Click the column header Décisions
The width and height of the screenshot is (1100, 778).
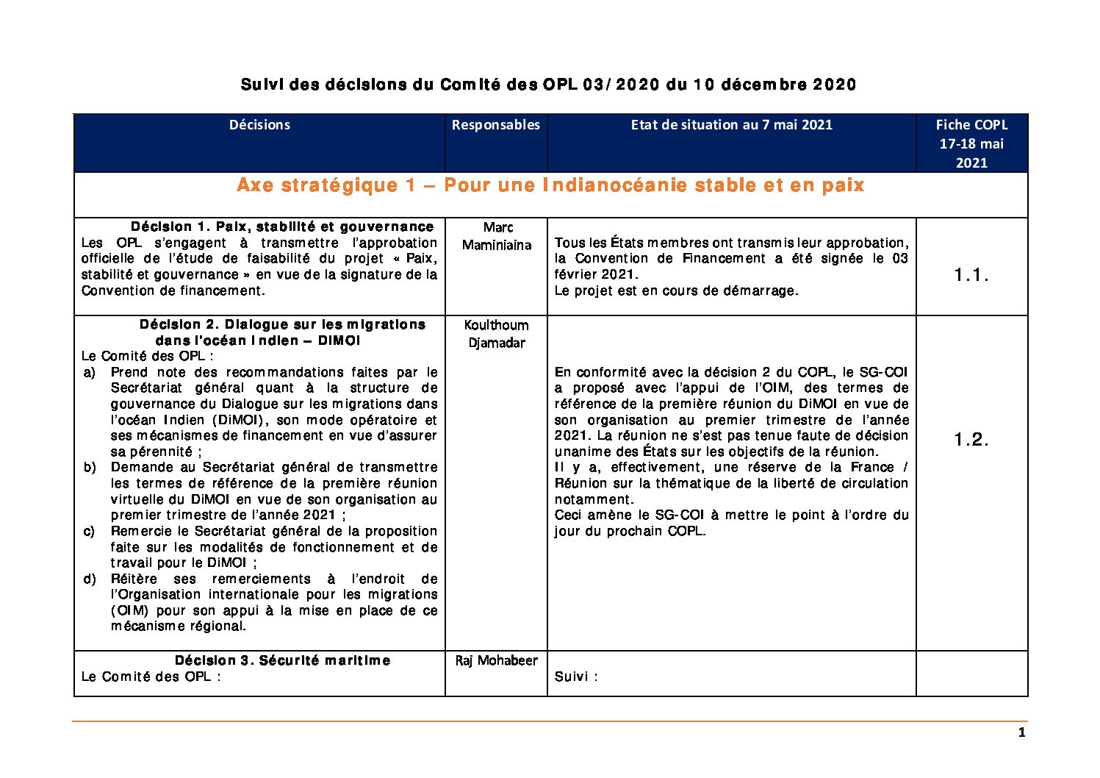(x=259, y=125)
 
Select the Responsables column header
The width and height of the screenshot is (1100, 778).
(x=495, y=125)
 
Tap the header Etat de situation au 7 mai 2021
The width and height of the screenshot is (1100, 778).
(x=731, y=125)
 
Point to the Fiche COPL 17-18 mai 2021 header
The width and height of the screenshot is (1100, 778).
(x=971, y=143)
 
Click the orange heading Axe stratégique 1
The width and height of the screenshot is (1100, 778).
(x=550, y=185)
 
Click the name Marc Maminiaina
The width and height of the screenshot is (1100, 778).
(x=497, y=236)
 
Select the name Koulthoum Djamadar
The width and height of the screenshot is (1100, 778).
(x=497, y=333)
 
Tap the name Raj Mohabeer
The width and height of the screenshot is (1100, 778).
(x=497, y=660)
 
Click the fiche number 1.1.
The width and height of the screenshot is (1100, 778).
(x=971, y=275)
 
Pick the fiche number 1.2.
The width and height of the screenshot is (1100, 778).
(x=971, y=440)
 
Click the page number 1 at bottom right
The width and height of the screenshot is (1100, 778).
(x=1021, y=732)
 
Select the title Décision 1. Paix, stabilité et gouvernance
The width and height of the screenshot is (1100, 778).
(x=282, y=226)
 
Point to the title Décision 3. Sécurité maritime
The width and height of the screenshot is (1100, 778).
(x=282, y=660)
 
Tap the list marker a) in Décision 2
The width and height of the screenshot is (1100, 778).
(x=89, y=372)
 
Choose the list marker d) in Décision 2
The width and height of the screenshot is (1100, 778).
(x=89, y=579)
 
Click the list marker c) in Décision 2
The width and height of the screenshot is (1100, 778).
(x=89, y=531)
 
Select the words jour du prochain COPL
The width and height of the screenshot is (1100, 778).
(x=629, y=531)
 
